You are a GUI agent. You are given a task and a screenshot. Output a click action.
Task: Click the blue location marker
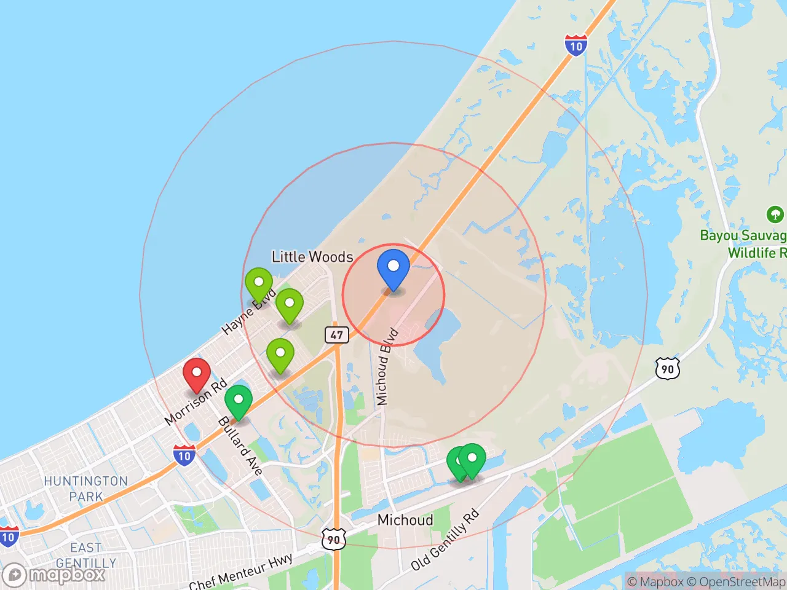[393, 268]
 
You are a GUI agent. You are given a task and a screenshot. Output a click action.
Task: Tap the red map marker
[197, 374]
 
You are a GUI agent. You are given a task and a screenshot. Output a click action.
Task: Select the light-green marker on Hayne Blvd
[259, 284]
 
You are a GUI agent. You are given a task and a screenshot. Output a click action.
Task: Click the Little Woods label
[312, 257]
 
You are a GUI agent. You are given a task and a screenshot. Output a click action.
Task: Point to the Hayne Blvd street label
[248, 312]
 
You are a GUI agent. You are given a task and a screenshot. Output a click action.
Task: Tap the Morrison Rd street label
[196, 403]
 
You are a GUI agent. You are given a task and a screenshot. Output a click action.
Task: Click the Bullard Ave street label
[240, 446]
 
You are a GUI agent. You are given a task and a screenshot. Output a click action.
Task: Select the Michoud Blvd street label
[387, 367]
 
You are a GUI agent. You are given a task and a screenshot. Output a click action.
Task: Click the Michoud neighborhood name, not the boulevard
[405, 520]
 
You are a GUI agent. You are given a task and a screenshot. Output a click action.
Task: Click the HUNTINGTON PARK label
[86, 489]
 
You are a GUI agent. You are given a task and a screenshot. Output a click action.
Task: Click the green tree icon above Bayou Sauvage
[775, 214]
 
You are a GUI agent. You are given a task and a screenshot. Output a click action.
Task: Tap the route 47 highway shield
[336, 335]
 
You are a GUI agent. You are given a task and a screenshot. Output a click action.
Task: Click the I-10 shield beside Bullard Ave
[184, 455]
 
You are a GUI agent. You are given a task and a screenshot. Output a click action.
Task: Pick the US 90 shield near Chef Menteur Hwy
[333, 540]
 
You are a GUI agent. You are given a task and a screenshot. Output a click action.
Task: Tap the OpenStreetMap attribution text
[735, 581]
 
